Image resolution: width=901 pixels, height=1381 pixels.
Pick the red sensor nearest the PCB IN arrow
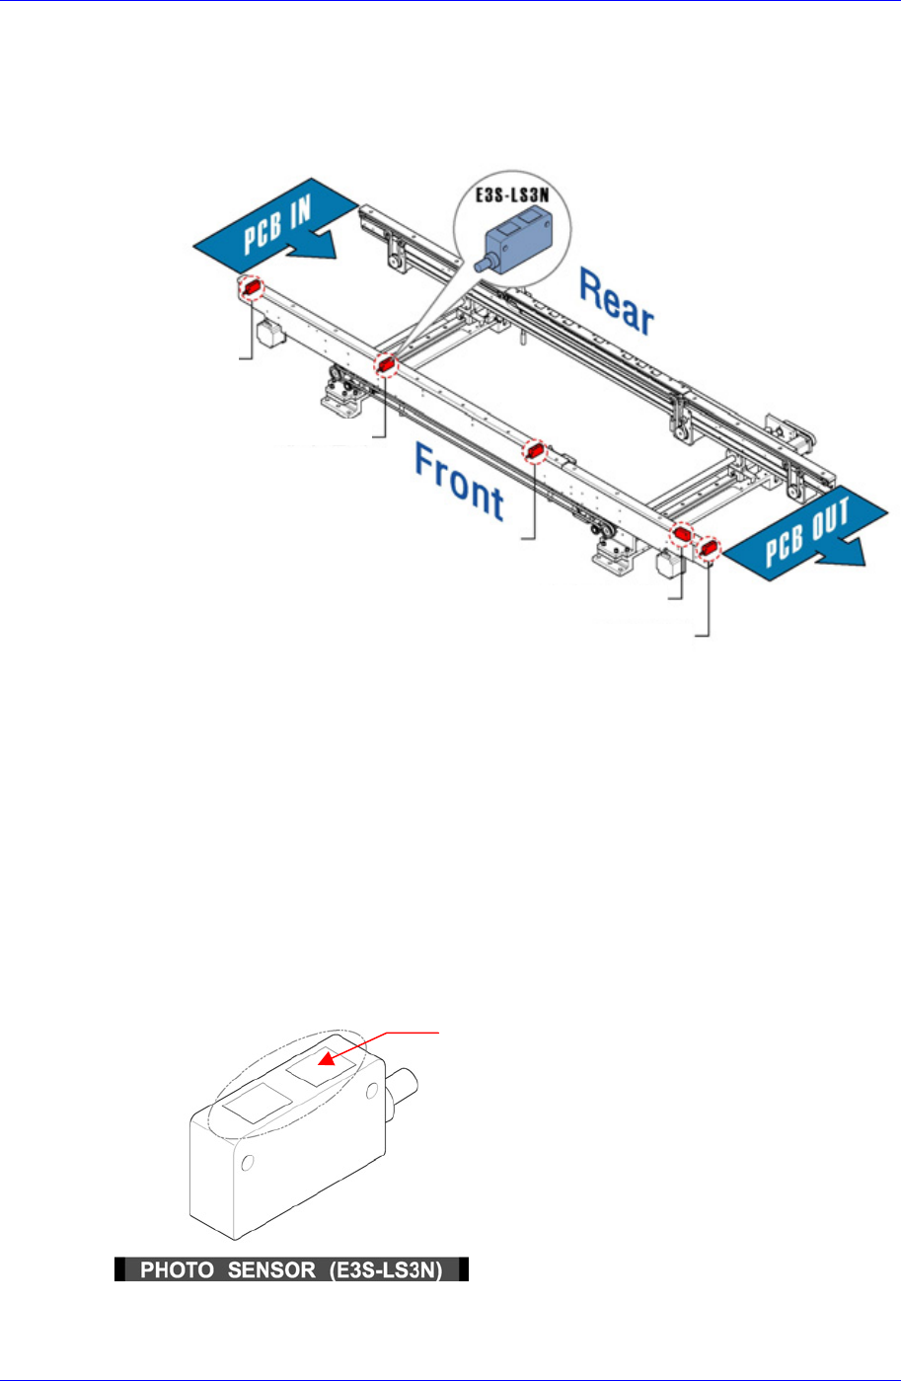(x=252, y=287)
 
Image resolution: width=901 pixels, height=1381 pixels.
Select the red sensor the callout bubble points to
(x=386, y=365)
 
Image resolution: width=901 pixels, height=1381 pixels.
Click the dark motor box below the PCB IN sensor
(x=270, y=331)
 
